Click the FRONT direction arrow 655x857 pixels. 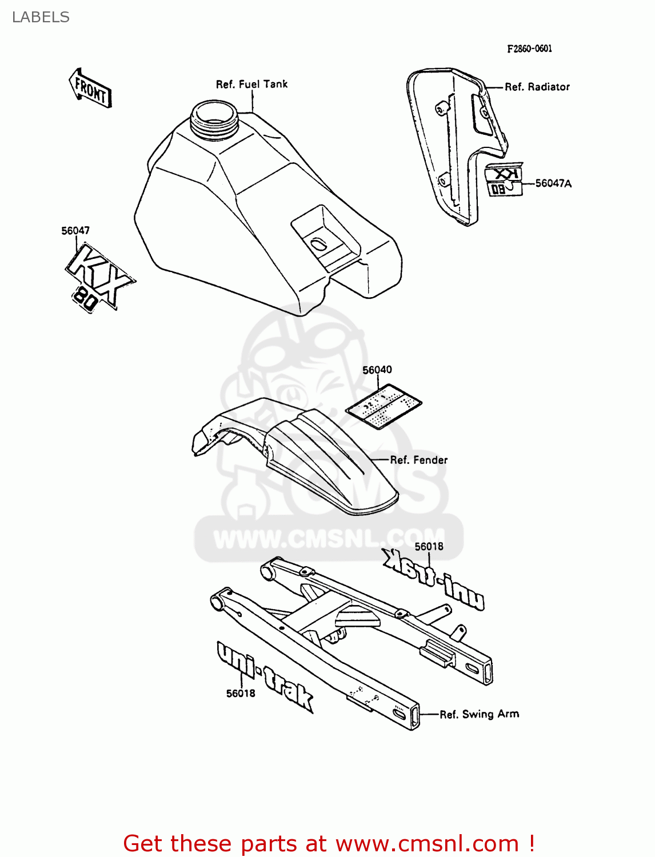(x=90, y=88)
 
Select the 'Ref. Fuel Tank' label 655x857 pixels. (x=251, y=84)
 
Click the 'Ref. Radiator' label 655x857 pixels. (x=537, y=87)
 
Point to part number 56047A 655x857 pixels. (x=553, y=183)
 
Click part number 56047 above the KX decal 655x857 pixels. (x=75, y=231)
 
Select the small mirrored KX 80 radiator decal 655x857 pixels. (x=504, y=181)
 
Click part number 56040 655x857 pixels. (x=377, y=370)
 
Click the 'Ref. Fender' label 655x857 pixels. (x=418, y=460)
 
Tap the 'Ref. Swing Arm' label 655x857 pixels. (x=479, y=714)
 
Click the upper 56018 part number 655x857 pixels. (x=429, y=546)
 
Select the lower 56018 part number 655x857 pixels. (x=241, y=693)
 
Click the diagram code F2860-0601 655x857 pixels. (x=529, y=49)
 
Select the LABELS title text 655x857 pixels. (x=41, y=17)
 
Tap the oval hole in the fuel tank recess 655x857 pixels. (x=318, y=245)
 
